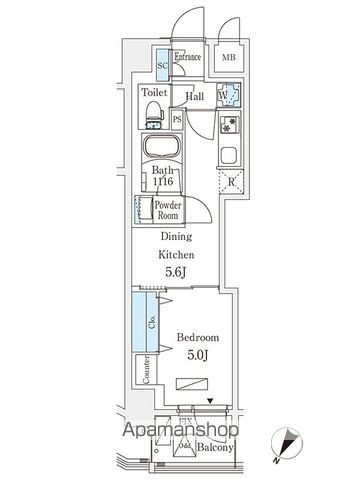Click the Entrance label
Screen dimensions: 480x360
pos(188,57)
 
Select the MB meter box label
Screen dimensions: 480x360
pos(228,57)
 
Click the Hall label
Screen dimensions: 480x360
pos(195,98)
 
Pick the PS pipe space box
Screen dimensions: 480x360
pos(177,119)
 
